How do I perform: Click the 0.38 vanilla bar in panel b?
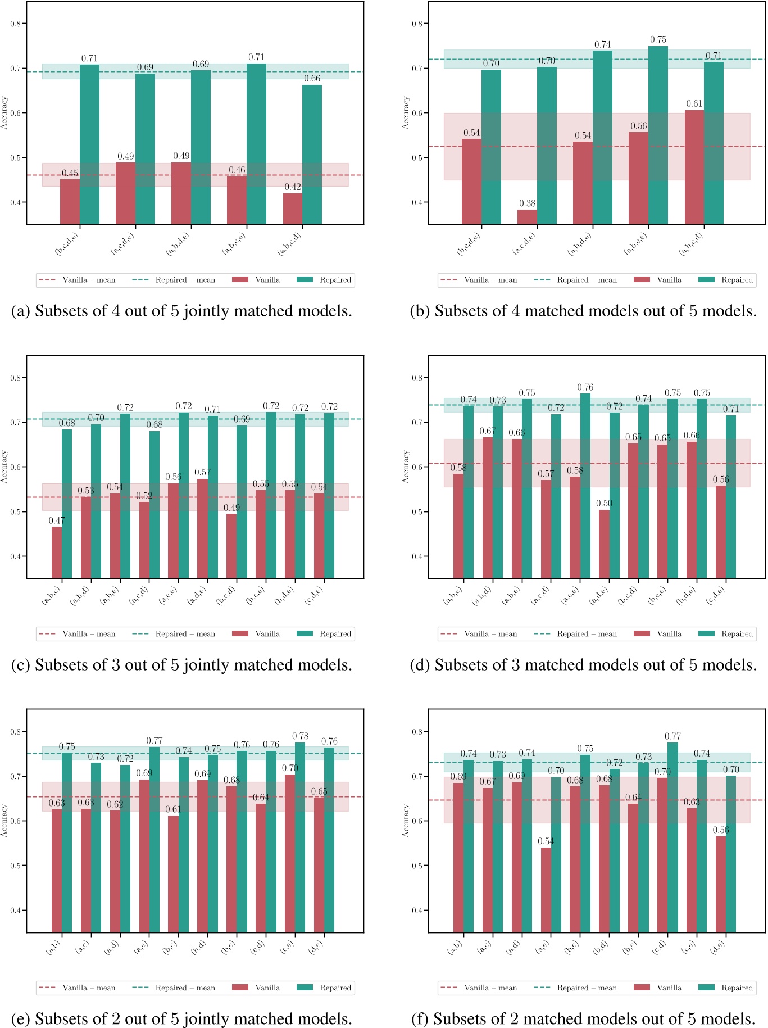tap(527, 217)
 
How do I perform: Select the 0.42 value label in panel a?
tap(292, 187)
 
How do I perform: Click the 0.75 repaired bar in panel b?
tap(658, 135)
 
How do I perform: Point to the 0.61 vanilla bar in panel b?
tap(694, 167)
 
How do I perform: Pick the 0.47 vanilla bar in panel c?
tap(57, 552)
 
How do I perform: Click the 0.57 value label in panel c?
tap(202, 472)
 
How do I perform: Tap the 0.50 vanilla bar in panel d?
tap(604, 544)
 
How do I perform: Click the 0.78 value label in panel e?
tap(300, 736)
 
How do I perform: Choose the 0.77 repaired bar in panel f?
tap(672, 837)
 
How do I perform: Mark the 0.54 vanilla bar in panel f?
tap(546, 890)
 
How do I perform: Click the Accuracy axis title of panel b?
tap(406, 113)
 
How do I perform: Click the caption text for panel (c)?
tap(182, 665)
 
